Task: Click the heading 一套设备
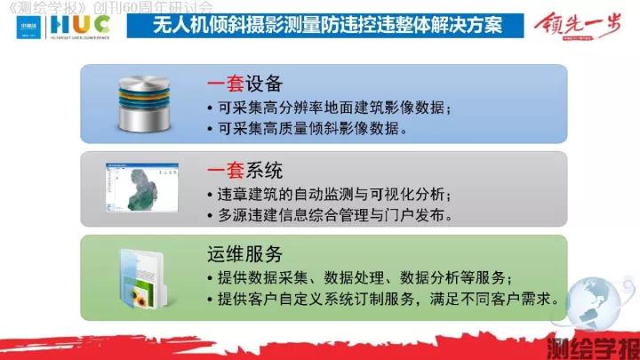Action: click(244, 84)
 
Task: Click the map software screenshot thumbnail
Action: click(137, 188)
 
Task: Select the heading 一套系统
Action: click(244, 170)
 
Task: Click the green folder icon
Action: click(140, 278)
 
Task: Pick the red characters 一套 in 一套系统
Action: click(226, 170)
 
